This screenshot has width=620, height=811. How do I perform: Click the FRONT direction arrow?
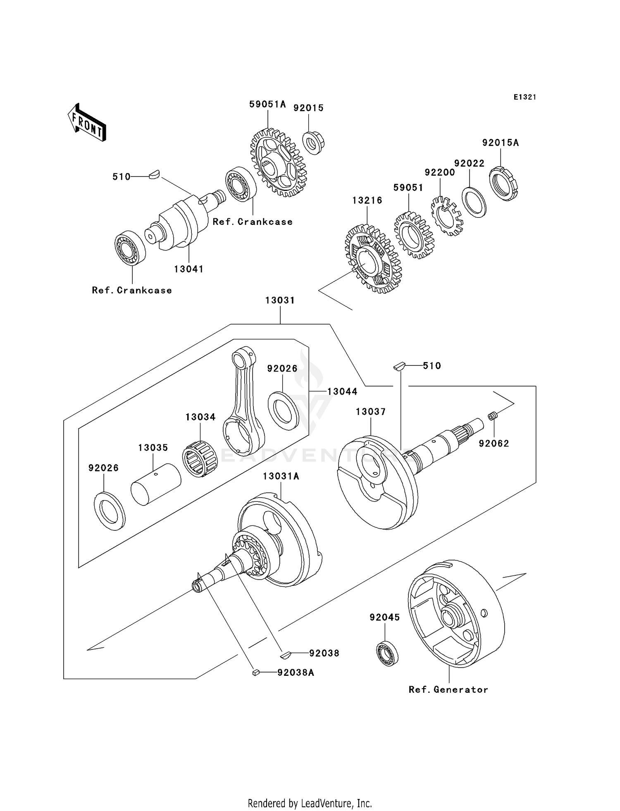[x=87, y=123]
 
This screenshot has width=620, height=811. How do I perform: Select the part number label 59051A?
[x=267, y=104]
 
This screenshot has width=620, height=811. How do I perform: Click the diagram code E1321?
[x=525, y=97]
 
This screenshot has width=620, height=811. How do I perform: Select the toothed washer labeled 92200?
[x=447, y=217]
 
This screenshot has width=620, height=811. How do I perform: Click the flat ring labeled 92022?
[x=474, y=202]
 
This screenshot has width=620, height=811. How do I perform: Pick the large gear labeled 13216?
[x=370, y=260]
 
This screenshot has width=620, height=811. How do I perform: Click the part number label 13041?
[x=189, y=269]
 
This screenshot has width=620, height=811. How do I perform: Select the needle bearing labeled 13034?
[x=200, y=459]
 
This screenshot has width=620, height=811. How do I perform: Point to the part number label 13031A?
[x=281, y=476]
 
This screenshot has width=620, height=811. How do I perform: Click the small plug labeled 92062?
[x=492, y=416]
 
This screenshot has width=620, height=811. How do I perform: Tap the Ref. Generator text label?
[x=448, y=689]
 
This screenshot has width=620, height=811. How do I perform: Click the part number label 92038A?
[x=296, y=673]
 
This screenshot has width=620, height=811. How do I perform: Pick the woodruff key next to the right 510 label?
[x=399, y=366]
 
